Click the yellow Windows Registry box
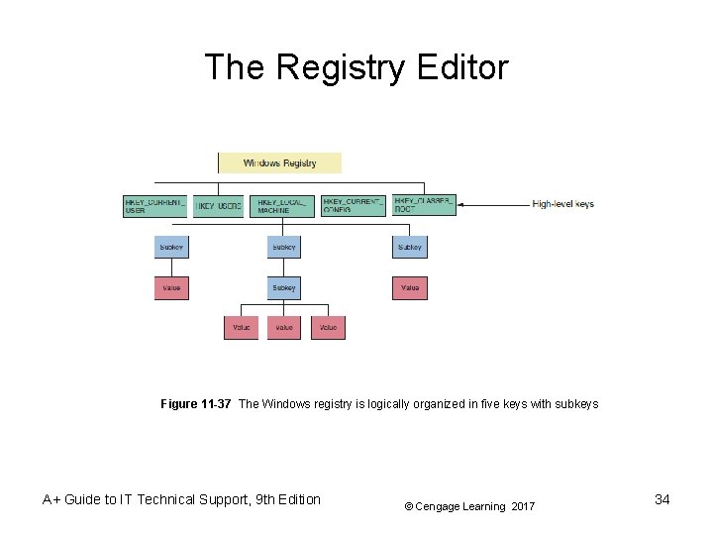(279, 162)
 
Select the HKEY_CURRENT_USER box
(154, 205)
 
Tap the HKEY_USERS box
(218, 205)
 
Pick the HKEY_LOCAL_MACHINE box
(282, 205)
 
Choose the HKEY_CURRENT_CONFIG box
(353, 205)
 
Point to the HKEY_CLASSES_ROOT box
(424, 205)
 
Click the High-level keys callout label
(562, 204)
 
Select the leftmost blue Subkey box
(171, 247)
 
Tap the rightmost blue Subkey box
(410, 247)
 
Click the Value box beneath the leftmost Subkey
(171, 287)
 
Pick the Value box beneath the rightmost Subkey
(410, 287)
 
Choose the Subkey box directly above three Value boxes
(284, 287)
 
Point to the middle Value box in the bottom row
(284, 327)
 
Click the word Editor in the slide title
(459, 67)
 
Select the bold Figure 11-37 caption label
(196, 404)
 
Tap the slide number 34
(662, 499)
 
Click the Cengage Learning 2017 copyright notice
(469, 506)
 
